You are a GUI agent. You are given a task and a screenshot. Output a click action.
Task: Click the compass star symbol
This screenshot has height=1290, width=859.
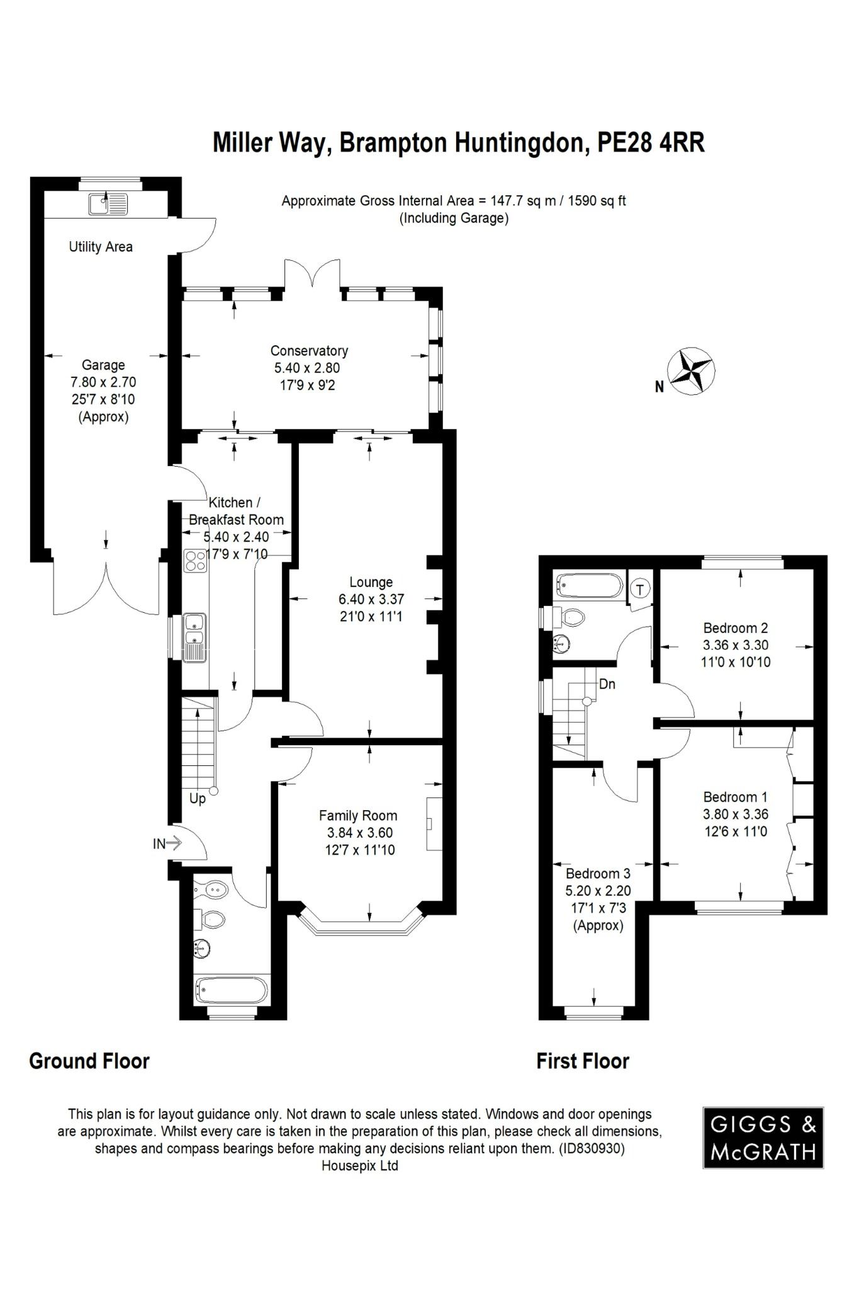691,371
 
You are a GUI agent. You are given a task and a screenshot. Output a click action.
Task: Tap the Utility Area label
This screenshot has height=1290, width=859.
101,247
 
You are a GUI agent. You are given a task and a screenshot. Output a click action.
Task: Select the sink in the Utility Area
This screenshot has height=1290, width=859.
108,204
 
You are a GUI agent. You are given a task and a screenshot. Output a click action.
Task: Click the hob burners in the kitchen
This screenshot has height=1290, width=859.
195,560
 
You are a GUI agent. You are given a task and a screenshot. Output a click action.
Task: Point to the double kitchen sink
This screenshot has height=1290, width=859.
194,637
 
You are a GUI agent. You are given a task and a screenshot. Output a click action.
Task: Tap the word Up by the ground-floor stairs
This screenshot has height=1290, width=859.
198,799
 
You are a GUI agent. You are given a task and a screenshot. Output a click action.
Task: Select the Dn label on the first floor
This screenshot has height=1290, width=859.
607,684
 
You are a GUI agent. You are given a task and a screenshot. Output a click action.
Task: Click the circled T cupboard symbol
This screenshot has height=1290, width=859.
640,590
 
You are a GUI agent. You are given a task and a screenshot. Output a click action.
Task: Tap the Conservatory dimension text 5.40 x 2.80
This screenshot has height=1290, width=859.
306,368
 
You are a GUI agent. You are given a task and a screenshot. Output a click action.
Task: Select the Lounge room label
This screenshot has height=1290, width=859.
371,582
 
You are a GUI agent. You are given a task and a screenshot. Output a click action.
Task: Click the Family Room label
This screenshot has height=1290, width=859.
357,816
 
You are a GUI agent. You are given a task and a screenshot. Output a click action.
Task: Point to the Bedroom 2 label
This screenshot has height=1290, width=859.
735,628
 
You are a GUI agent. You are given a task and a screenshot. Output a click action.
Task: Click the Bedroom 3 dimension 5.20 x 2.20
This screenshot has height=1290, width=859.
598,891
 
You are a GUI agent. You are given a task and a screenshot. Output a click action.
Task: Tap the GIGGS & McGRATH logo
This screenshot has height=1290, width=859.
763,1138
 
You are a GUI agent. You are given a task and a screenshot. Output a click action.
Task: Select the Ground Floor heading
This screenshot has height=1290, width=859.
89,1061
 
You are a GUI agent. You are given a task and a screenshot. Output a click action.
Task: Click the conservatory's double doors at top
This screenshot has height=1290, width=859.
313,275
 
